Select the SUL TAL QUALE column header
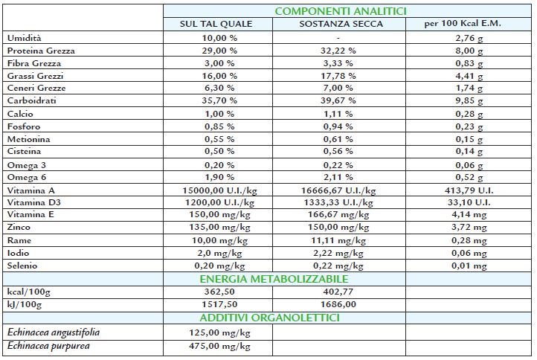tap(216, 24)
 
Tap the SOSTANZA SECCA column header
tap(341, 24)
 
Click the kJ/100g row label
tap(25, 304)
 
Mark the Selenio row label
tap(23, 265)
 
